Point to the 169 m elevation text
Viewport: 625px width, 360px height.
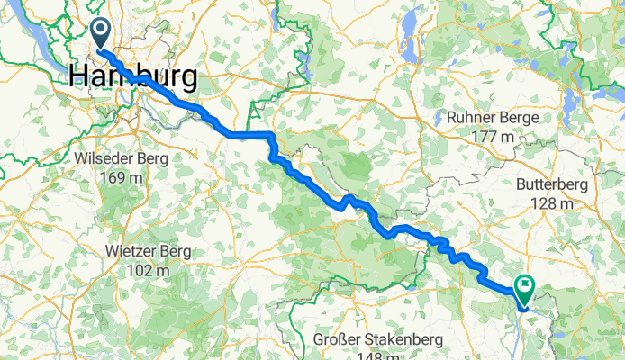(123, 177)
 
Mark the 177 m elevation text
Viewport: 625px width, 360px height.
(494, 137)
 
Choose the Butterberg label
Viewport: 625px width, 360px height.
(552, 184)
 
